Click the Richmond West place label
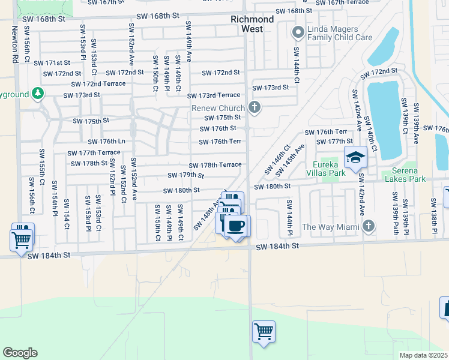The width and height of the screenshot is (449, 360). [252, 24]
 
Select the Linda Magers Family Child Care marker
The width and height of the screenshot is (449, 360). [297, 32]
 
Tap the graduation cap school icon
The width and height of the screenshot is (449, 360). [355, 157]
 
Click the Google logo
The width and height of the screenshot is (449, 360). [20, 353]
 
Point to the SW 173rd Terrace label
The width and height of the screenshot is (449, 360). [213, 96]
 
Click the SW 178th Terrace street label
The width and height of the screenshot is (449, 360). [215, 165]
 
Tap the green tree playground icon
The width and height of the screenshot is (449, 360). [38, 94]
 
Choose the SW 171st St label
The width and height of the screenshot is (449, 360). [52, 63]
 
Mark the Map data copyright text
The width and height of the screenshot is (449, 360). [423, 355]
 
